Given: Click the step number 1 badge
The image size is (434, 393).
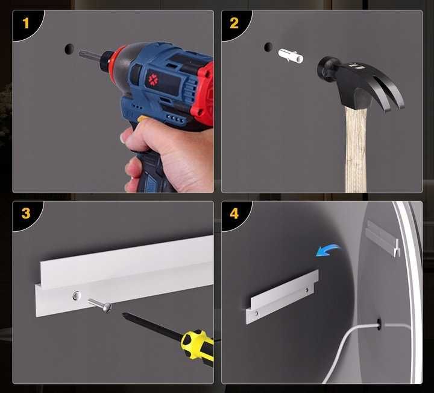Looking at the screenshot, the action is point(26,23).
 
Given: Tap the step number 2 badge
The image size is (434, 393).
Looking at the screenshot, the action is point(234,23).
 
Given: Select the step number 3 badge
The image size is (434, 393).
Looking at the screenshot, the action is point(26,214).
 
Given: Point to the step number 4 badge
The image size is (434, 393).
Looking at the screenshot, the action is point(234,214).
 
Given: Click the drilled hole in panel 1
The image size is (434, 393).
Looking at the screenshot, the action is point(69,49).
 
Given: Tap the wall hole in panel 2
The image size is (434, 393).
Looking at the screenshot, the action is point(268,47).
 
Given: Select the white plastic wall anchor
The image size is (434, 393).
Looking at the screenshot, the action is point(291,56).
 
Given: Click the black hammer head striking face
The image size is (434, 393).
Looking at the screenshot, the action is point(323,69).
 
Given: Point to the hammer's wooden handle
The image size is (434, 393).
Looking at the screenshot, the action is point(356,150).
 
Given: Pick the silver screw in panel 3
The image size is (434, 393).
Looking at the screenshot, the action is point(100,305).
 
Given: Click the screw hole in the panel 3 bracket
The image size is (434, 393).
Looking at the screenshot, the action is point(77,295).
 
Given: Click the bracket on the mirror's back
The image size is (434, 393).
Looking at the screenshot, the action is point(383,238).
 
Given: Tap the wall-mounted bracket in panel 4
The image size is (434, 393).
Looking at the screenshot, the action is point(282,296).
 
